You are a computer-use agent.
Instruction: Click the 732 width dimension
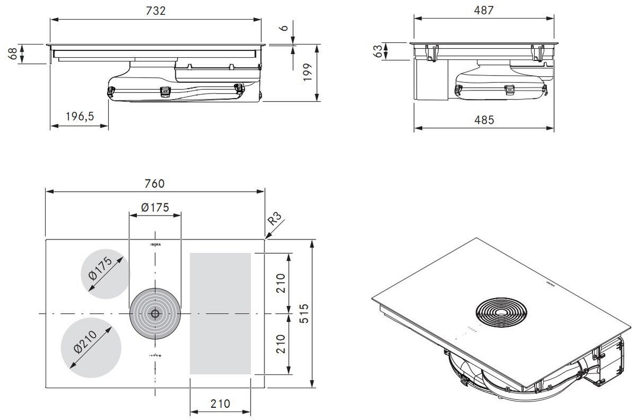tap(155, 11)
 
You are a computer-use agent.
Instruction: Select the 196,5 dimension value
tap(79, 117)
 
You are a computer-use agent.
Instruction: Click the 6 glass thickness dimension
tap(285, 26)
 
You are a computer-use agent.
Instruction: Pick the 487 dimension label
tap(484, 10)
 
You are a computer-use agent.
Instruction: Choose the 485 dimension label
tap(484, 120)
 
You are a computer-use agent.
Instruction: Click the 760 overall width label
tap(154, 183)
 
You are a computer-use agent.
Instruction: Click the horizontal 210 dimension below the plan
tap(220, 404)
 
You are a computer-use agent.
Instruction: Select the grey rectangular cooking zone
tap(220, 314)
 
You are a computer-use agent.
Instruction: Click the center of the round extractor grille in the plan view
tap(155, 314)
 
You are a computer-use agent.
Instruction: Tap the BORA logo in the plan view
tap(155, 246)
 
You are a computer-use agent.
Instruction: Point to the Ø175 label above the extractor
tap(155, 207)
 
